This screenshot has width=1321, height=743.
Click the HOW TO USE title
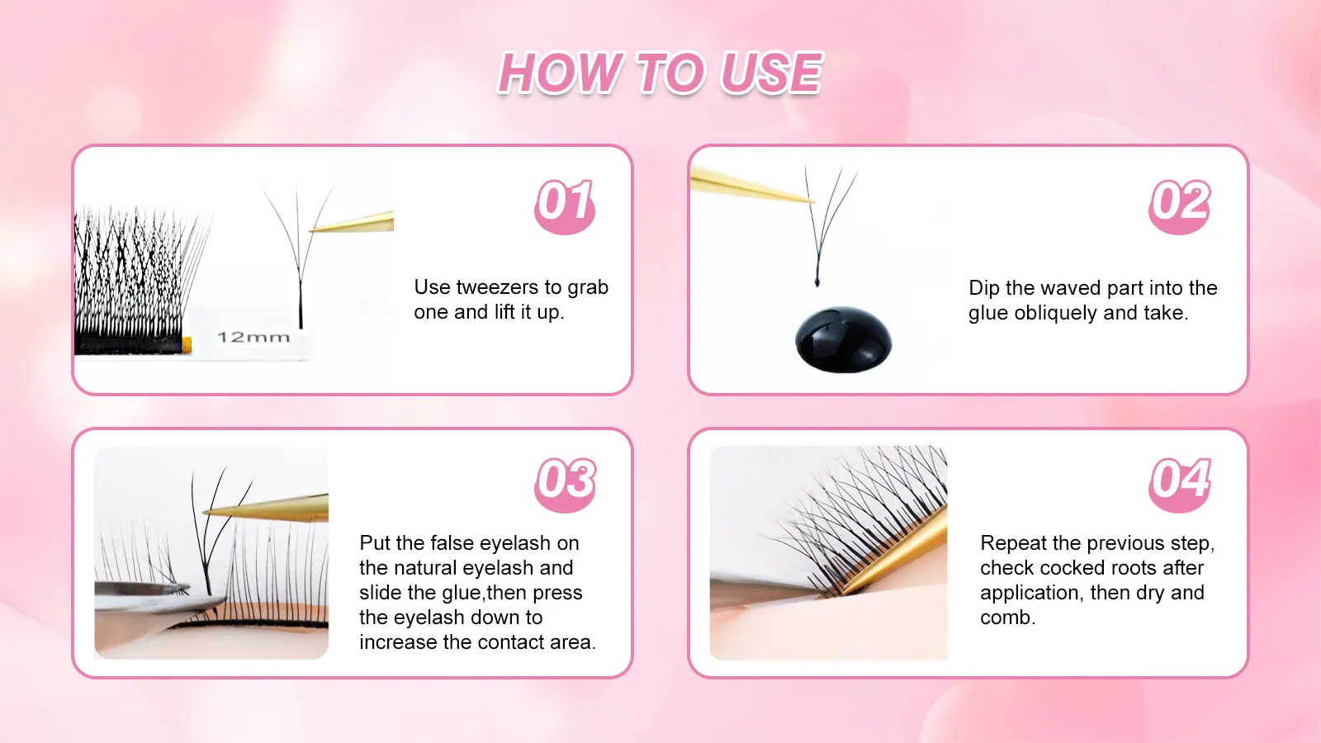tap(660, 73)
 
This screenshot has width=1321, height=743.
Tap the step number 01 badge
tap(565, 205)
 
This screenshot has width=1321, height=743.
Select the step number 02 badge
tap(1180, 205)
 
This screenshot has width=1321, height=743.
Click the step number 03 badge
tap(565, 483)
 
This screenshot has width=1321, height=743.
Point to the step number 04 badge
tap(1180, 483)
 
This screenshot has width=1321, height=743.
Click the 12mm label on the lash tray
tap(253, 337)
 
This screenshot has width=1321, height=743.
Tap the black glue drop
tap(843, 339)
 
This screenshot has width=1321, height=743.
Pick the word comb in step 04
tap(1006, 618)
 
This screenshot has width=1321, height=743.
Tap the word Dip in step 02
tap(983, 288)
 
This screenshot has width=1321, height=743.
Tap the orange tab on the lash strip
tap(187, 343)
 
